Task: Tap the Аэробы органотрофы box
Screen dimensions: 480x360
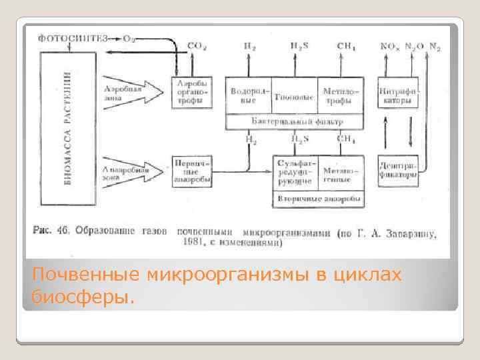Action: pos(193,93)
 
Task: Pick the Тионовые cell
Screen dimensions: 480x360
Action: pos(294,95)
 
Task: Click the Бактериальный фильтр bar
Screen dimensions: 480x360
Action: pos(296,121)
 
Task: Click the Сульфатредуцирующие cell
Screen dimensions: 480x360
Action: pos(295,173)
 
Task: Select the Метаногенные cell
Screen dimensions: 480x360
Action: pos(341,173)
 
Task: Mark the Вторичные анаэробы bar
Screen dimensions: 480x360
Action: pos(318,199)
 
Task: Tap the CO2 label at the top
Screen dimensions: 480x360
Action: pos(196,46)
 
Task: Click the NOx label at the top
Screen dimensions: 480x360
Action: pos(389,46)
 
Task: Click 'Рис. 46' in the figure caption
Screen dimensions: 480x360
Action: pos(51,231)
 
